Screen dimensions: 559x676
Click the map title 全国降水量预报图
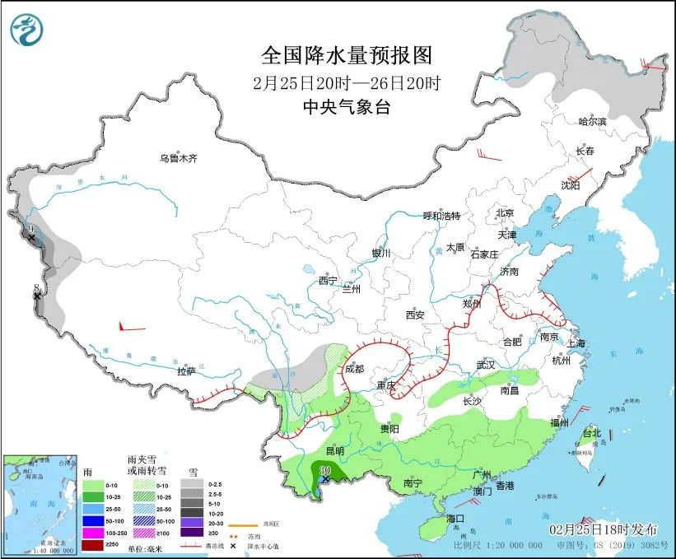coord(346,56)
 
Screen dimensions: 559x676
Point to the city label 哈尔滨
coord(591,122)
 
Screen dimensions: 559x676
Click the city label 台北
coord(591,433)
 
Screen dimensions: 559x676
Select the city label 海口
coord(456,518)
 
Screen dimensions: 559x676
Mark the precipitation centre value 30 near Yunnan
coord(324,470)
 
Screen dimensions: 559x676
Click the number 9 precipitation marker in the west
coord(30,230)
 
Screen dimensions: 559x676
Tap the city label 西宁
coord(329,280)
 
